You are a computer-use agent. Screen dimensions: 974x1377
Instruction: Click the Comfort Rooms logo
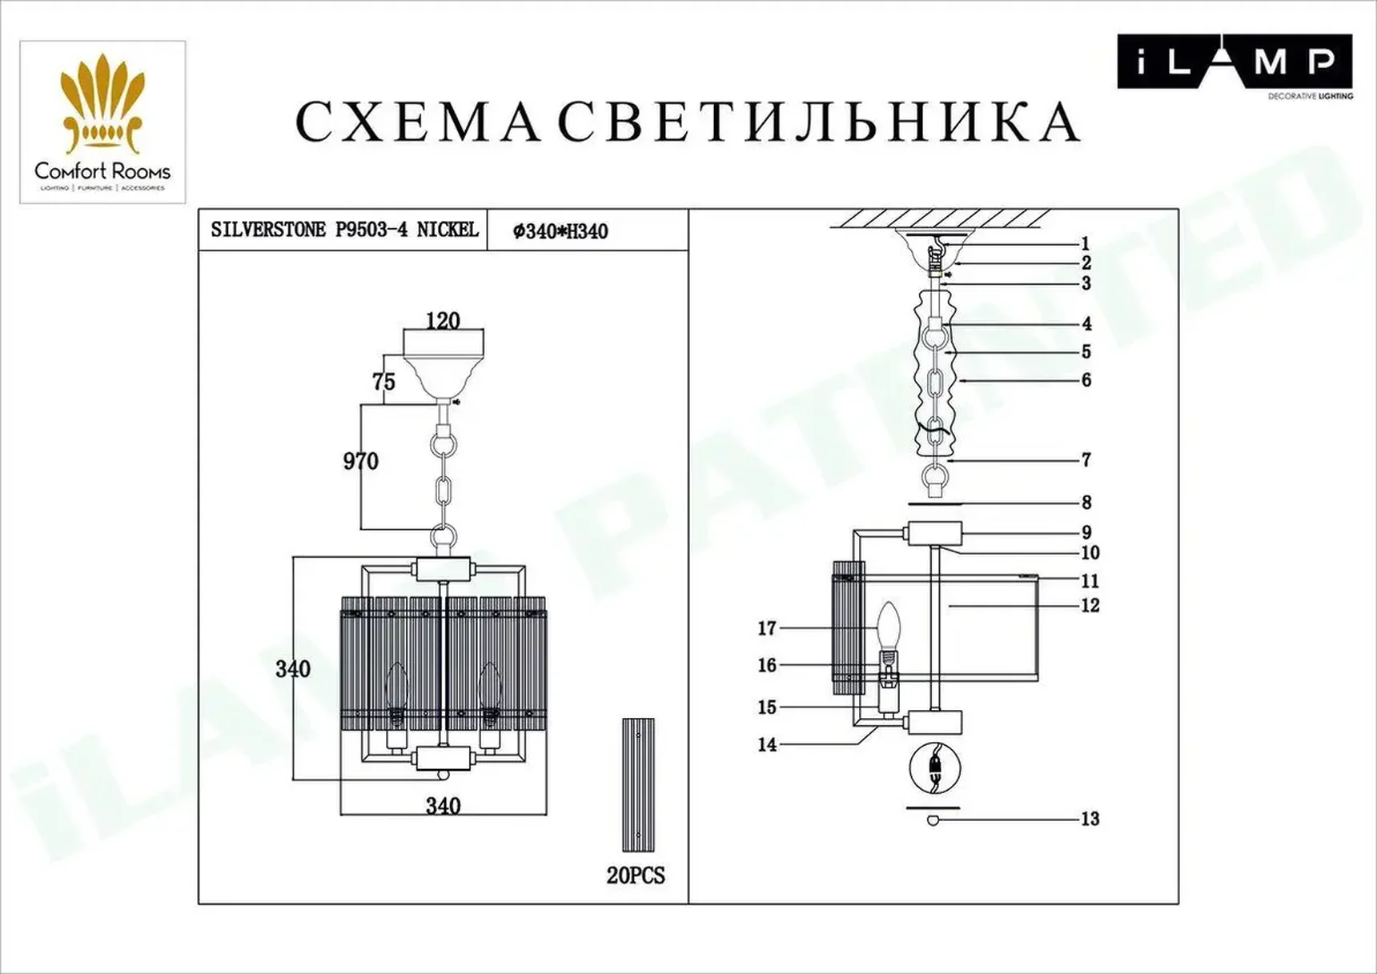click(x=102, y=122)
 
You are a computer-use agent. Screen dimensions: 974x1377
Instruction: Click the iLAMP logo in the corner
click(x=1234, y=62)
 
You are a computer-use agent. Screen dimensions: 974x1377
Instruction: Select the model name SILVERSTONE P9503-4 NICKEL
click(x=344, y=230)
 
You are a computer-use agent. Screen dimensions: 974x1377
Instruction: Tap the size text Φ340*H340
click(x=560, y=232)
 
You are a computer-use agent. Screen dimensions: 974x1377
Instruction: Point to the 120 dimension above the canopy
click(x=443, y=321)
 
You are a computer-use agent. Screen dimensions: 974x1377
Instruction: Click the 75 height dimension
click(x=383, y=382)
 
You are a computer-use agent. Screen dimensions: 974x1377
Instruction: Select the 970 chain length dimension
click(x=360, y=462)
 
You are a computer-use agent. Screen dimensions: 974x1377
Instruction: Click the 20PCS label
click(x=636, y=876)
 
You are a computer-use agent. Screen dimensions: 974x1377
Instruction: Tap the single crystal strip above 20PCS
click(x=638, y=784)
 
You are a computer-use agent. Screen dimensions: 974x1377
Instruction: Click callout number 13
click(x=1090, y=819)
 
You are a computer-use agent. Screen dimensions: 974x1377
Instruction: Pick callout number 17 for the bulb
click(x=767, y=628)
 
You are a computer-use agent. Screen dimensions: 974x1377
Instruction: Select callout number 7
click(x=1086, y=460)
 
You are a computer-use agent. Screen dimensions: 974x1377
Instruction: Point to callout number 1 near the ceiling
click(x=1086, y=244)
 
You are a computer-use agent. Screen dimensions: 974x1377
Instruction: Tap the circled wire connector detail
click(x=934, y=768)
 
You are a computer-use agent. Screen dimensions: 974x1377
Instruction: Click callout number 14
click(x=767, y=744)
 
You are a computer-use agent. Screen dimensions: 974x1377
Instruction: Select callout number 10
click(x=1090, y=553)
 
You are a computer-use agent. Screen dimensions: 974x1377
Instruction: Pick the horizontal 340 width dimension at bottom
click(x=443, y=805)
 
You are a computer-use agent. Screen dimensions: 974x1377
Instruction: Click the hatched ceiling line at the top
click(x=941, y=218)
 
